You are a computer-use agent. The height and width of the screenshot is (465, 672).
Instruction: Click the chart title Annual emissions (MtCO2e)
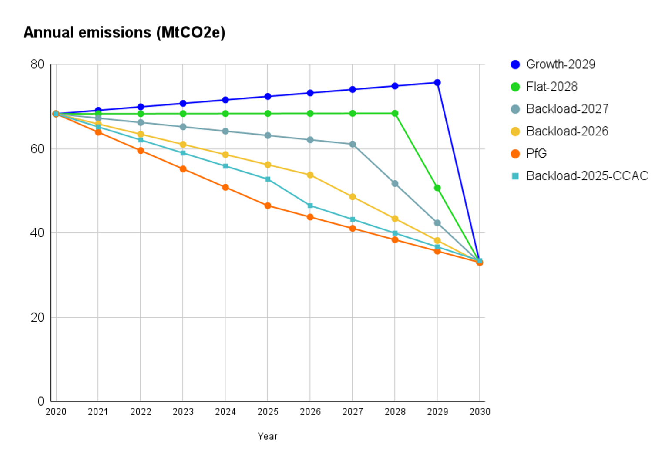coord(124,33)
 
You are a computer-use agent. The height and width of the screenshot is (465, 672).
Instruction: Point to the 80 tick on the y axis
coord(37,64)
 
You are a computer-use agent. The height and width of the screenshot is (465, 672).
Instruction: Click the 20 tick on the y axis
coord(37,317)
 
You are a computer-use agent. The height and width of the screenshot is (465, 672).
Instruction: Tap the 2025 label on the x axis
coord(268,412)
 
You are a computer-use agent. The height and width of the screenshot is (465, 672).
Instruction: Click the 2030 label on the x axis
coord(480,412)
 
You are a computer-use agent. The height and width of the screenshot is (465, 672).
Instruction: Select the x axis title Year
coord(267,436)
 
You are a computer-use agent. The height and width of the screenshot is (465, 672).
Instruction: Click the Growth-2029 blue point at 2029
coord(437,83)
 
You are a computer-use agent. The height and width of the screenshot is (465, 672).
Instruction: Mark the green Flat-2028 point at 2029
coord(437,188)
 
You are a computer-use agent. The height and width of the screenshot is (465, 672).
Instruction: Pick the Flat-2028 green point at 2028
coord(395,114)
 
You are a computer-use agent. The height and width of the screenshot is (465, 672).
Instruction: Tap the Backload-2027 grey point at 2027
coord(353,144)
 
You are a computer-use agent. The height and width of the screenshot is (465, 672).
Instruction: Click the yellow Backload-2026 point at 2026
coord(310,175)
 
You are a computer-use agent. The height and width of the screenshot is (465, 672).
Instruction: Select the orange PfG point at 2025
coord(268,206)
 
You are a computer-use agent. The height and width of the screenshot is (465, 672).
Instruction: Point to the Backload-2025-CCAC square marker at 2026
coord(310,206)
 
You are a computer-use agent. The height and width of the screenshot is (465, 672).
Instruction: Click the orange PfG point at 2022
coord(141,151)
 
